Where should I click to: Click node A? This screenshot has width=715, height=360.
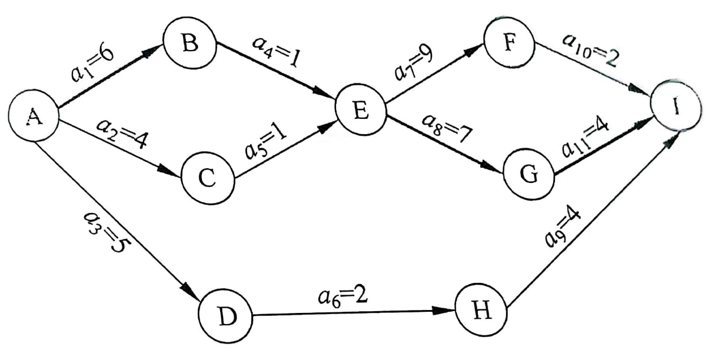[34, 117]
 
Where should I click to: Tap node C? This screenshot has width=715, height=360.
[207, 178]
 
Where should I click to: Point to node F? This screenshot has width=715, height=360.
[508, 43]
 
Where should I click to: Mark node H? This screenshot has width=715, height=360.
[481, 312]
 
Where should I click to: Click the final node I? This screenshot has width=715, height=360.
[676, 110]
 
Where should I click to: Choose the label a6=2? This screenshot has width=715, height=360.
[342, 296]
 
